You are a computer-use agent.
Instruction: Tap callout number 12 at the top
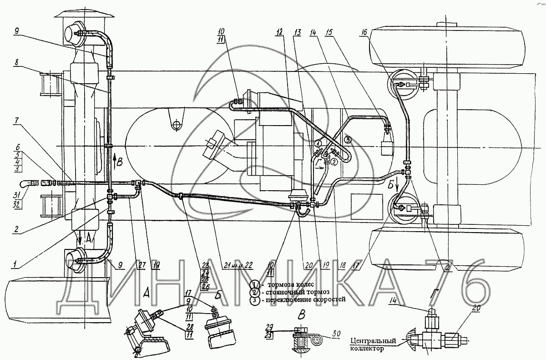pos(279,32)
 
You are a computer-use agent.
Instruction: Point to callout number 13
pos(298,32)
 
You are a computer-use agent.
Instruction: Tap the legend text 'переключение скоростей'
pos(301,299)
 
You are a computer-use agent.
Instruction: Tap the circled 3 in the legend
pos(256,299)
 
